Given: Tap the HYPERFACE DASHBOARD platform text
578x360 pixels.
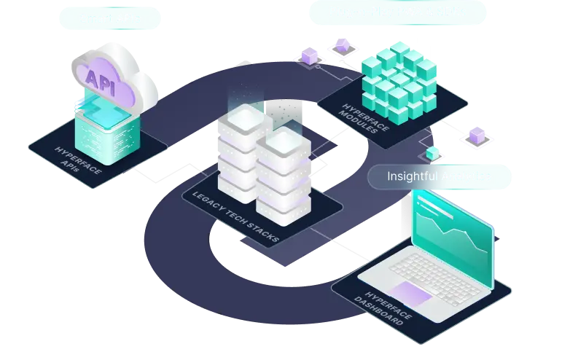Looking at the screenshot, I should (380, 300).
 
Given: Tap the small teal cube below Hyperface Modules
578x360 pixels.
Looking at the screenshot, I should (433, 152).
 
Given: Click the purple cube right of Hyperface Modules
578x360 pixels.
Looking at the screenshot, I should (476, 135).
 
